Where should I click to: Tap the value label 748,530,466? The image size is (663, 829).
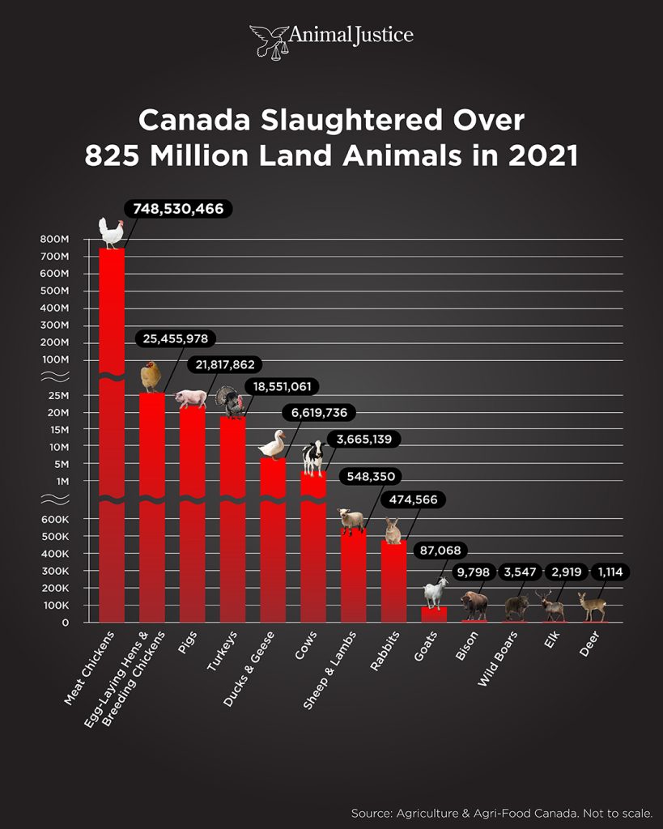click(178, 209)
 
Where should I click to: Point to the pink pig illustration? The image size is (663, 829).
click(192, 398)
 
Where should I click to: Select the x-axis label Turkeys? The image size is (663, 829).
click(221, 652)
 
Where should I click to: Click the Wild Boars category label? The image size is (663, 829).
click(493, 659)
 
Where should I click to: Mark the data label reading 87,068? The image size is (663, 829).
click(438, 551)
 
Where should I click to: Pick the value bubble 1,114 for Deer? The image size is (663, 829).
click(612, 572)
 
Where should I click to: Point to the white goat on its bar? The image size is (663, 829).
click(435, 593)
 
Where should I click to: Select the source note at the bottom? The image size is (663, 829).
click(501, 813)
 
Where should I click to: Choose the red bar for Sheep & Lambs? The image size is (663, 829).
click(353, 576)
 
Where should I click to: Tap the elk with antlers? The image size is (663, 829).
click(554, 605)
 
